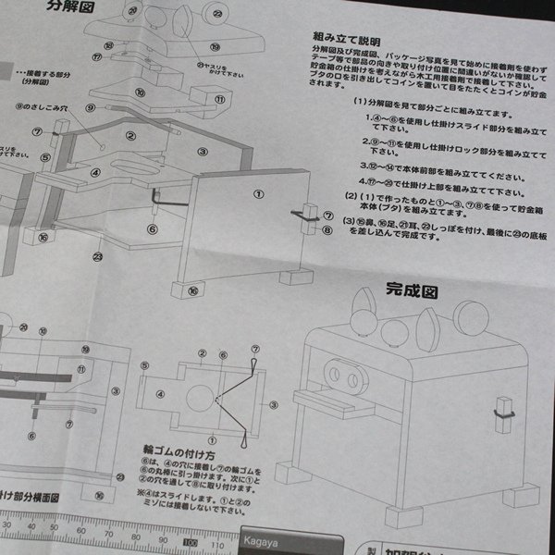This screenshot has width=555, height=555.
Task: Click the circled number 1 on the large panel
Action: point(258,195)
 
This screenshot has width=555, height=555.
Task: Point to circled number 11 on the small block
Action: point(220,99)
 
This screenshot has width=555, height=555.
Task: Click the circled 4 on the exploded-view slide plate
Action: point(95,171)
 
